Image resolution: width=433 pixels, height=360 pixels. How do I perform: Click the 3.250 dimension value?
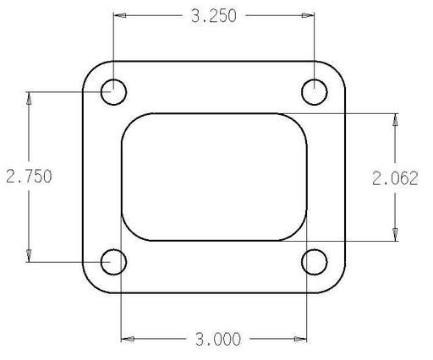[214, 16]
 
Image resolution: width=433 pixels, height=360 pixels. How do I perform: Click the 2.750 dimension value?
[29, 177]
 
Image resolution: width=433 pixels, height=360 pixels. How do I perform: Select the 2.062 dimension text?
[395, 178]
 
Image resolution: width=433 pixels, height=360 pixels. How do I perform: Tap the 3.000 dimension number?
[218, 339]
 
